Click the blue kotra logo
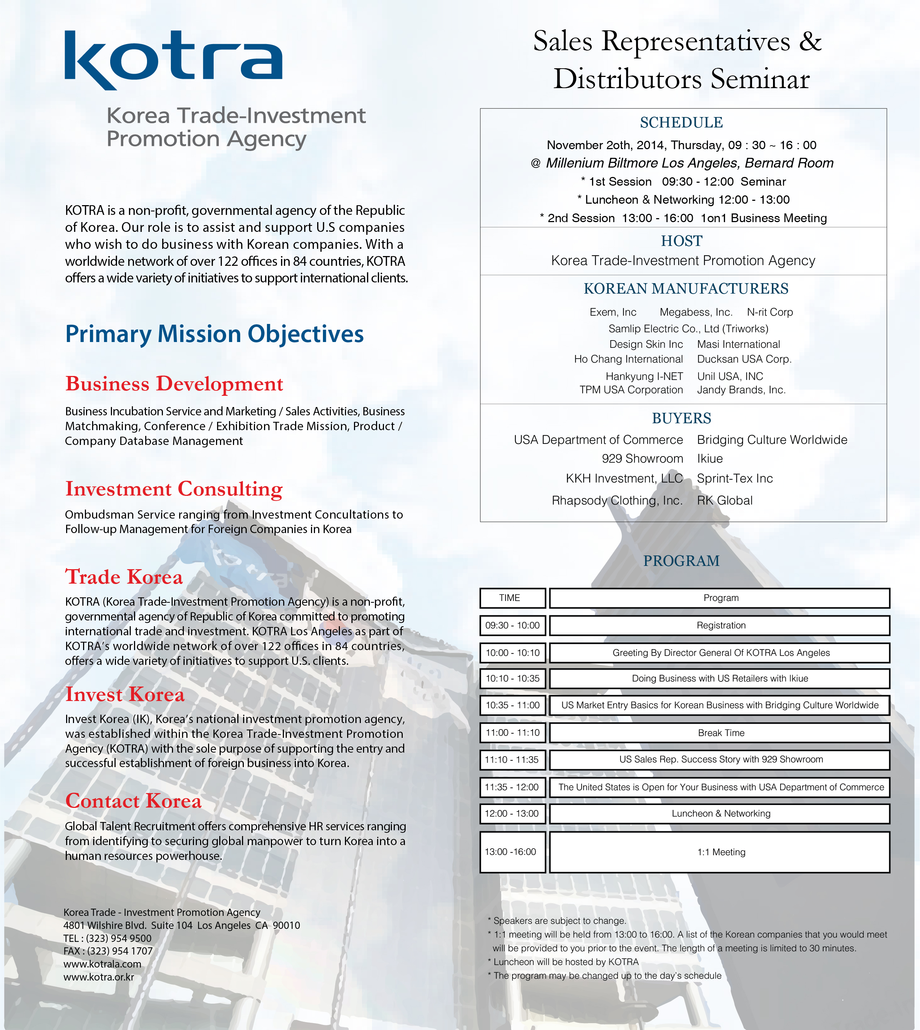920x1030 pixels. (173, 59)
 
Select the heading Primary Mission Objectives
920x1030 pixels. (214, 334)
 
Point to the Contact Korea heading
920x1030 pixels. (133, 801)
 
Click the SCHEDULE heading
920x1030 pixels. (681, 123)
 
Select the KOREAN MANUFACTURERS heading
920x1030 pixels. (686, 289)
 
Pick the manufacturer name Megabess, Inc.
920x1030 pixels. (696, 312)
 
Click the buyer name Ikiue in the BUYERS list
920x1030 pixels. (710, 459)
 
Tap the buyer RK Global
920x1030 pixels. (724, 500)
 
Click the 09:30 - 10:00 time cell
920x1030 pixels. (512, 626)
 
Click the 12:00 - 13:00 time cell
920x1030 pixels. (512, 814)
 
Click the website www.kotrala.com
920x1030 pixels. (103, 964)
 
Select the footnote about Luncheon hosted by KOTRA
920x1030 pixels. (565, 962)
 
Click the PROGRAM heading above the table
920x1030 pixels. (681, 561)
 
